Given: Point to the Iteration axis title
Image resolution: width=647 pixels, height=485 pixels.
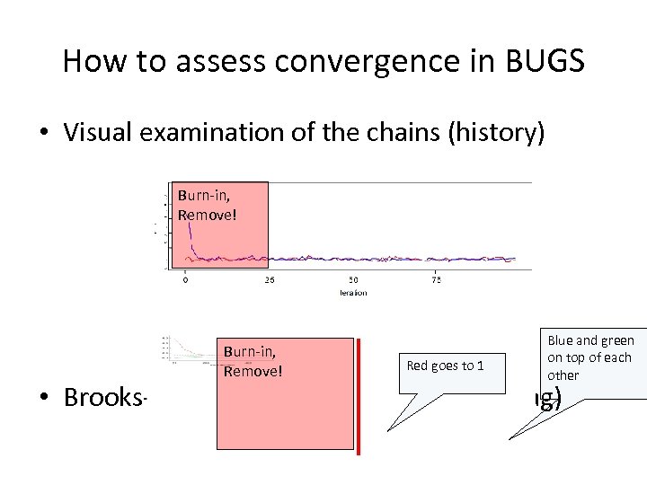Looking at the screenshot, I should point(353,293).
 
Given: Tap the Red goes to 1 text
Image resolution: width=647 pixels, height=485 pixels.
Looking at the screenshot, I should point(445,365).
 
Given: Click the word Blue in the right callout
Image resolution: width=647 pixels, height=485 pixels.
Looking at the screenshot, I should point(562,339).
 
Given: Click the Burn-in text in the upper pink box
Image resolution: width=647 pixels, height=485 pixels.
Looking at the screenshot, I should point(197,194).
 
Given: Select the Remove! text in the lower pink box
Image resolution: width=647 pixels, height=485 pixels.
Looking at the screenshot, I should point(253,367).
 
